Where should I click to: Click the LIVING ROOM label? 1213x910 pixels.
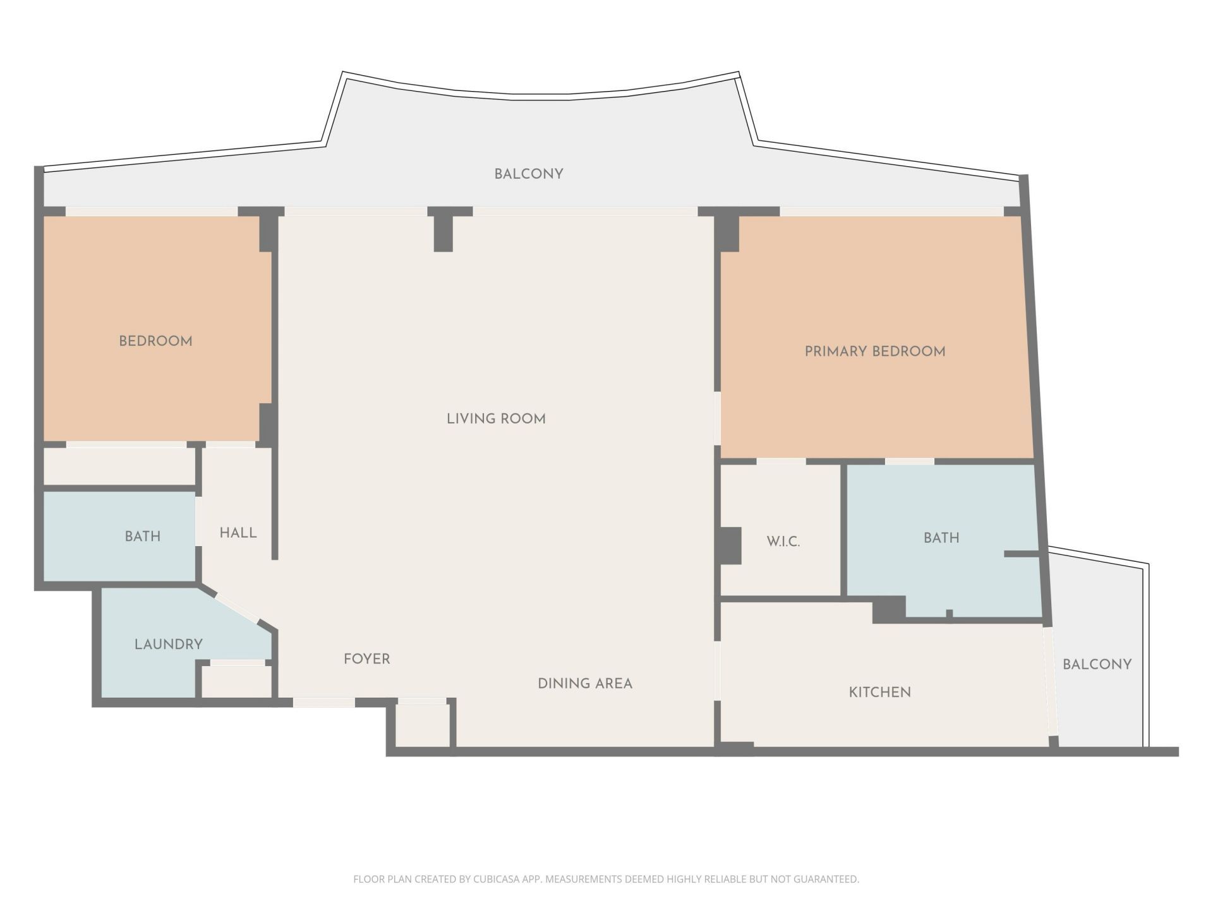[496, 419]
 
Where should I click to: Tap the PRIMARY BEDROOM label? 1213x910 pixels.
[874, 352]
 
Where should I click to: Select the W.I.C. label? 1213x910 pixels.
[783, 542]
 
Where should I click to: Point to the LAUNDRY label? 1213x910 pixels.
[168, 645]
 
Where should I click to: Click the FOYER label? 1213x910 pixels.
[366, 659]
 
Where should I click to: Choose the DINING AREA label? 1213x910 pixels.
[584, 684]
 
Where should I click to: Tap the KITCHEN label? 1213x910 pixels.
[879, 693]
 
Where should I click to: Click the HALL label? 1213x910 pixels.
[238, 533]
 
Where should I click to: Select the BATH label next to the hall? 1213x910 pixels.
[142, 537]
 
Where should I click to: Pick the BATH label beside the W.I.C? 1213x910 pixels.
[941, 538]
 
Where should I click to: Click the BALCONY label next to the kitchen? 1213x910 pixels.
[1097, 665]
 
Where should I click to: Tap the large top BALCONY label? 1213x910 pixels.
[528, 174]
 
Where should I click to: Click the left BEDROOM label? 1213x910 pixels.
[155, 341]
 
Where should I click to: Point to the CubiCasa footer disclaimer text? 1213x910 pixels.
[606, 879]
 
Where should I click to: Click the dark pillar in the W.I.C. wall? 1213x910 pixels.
[730, 545]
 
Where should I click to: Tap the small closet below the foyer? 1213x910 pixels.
[422, 725]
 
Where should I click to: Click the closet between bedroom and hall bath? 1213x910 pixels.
[119, 466]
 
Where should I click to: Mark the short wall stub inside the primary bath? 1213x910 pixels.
[1021, 554]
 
